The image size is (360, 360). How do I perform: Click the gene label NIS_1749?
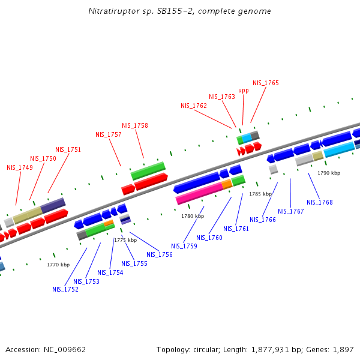tap(20, 167)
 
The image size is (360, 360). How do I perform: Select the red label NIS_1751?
tap(68, 149)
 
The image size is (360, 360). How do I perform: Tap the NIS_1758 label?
tap(134, 125)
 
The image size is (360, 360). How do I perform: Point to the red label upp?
tap(243, 91)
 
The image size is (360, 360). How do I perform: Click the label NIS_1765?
tap(265, 83)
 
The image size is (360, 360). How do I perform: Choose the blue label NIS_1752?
tap(65, 289)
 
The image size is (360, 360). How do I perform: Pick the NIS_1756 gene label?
tap(159, 254)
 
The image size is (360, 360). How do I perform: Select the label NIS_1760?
tap(209, 238)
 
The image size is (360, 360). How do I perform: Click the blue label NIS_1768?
tap(319, 202)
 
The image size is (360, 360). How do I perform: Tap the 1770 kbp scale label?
tap(58, 265)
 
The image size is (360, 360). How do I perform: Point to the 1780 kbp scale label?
tap(193, 216)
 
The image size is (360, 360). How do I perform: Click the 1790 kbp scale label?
tap(328, 173)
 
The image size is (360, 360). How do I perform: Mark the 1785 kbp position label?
tap(260, 194)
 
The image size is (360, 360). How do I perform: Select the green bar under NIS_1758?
tap(148, 170)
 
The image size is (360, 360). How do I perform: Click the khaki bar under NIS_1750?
tap(27, 215)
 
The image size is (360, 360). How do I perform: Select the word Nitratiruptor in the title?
tap(109, 11)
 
